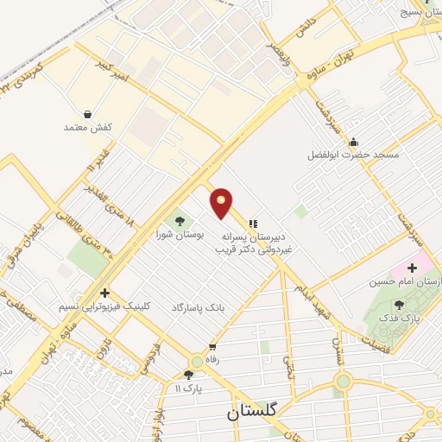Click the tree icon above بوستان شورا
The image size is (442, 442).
(180, 221)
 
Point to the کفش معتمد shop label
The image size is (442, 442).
(88, 127)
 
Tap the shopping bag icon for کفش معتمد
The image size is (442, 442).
(88, 114)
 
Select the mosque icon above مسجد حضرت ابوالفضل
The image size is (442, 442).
(351, 143)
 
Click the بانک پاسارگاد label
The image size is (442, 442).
(198, 307)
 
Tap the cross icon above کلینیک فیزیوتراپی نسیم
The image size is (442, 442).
(105, 293)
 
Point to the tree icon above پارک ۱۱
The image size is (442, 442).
(189, 375)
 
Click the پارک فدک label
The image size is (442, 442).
(399, 318)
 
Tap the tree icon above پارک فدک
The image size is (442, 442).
(399, 305)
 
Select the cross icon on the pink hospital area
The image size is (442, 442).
(412, 268)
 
